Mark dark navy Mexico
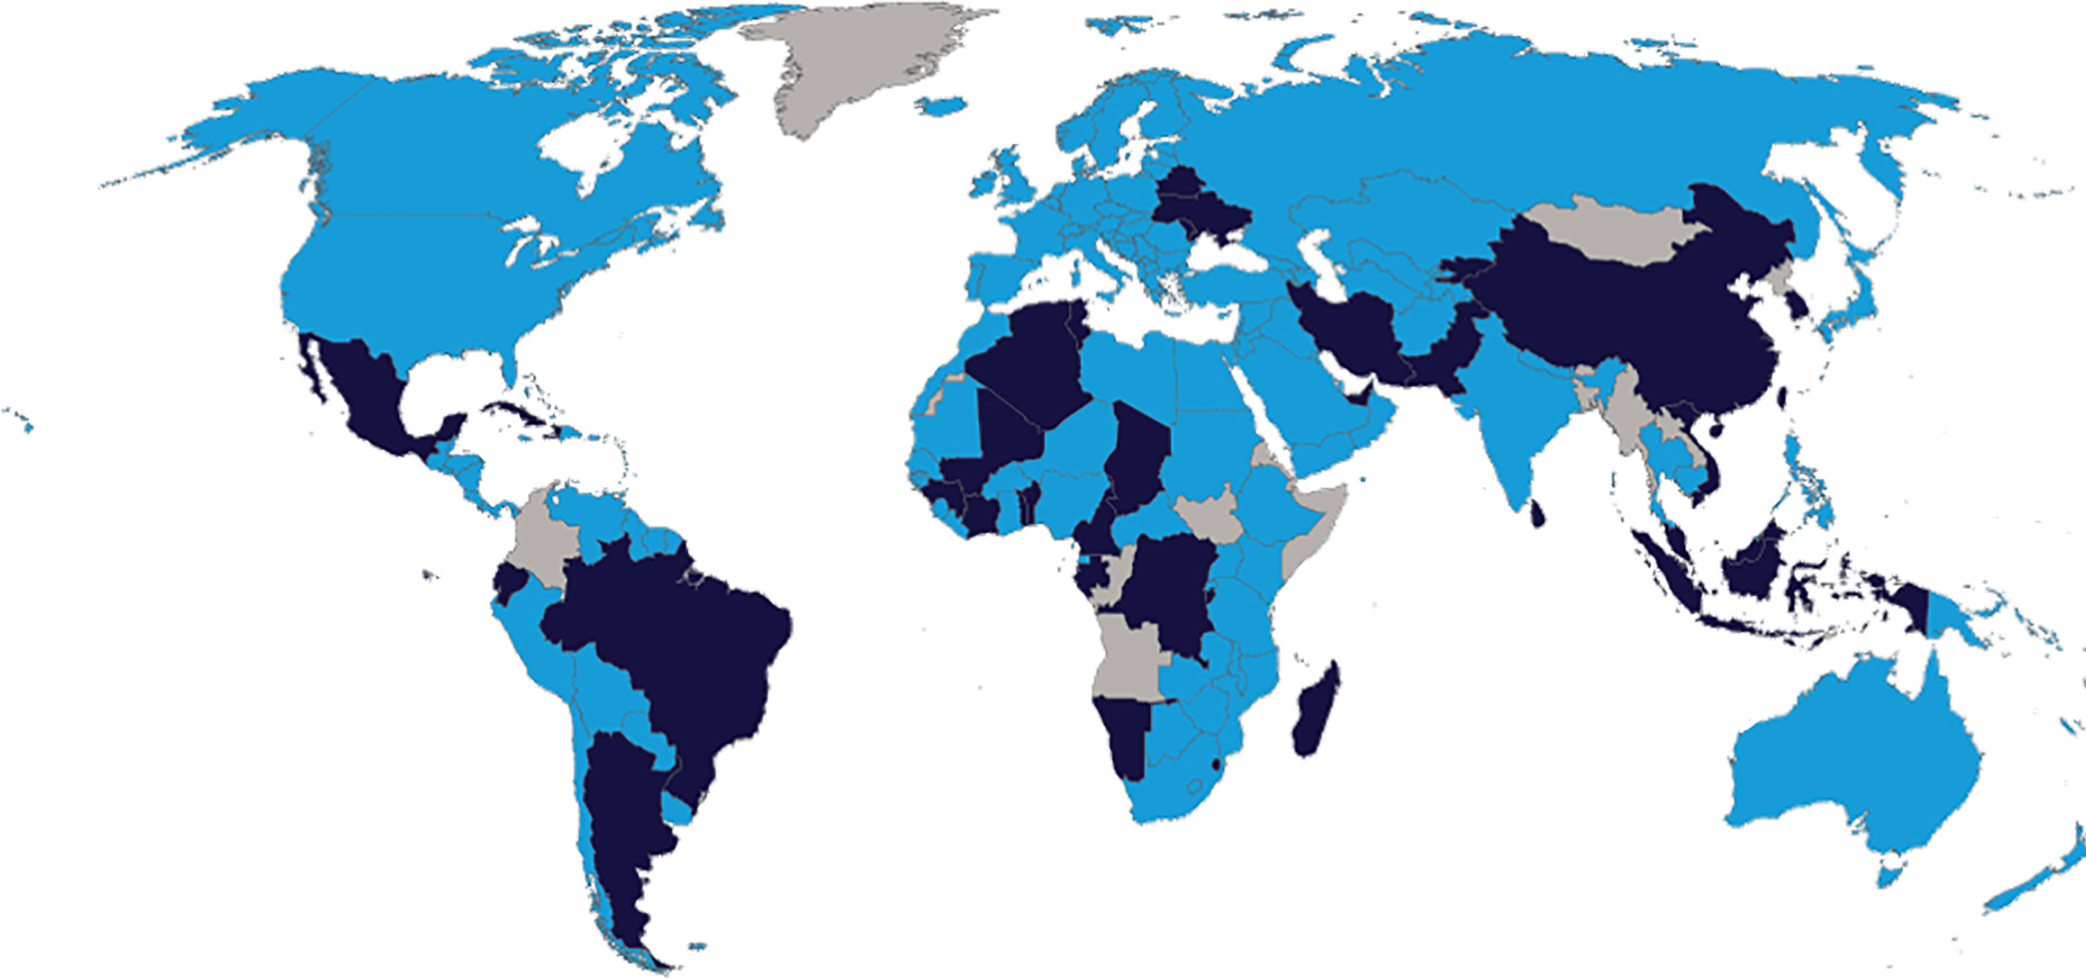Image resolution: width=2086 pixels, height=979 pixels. pyautogui.click(x=364, y=389)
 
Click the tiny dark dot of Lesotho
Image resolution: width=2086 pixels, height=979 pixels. pyautogui.click(x=1216, y=764)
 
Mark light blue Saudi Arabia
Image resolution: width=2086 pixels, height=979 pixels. pyautogui.click(x=1312, y=405)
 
